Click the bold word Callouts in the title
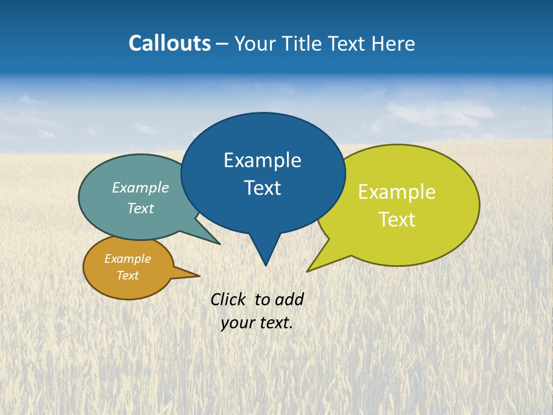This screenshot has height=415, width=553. [169, 43]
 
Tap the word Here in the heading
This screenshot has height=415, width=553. [393, 43]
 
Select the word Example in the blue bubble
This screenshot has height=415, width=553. [262, 160]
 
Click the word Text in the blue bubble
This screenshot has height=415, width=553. [262, 188]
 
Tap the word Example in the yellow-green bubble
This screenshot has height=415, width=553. [397, 192]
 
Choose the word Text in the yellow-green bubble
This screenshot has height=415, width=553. [397, 220]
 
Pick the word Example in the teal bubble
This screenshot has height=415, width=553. [141, 188]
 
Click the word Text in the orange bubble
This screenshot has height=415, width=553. [128, 276]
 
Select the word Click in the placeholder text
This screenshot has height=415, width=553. [228, 299]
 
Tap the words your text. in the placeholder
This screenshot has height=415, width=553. [257, 323]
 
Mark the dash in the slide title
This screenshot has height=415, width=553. [222, 44]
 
